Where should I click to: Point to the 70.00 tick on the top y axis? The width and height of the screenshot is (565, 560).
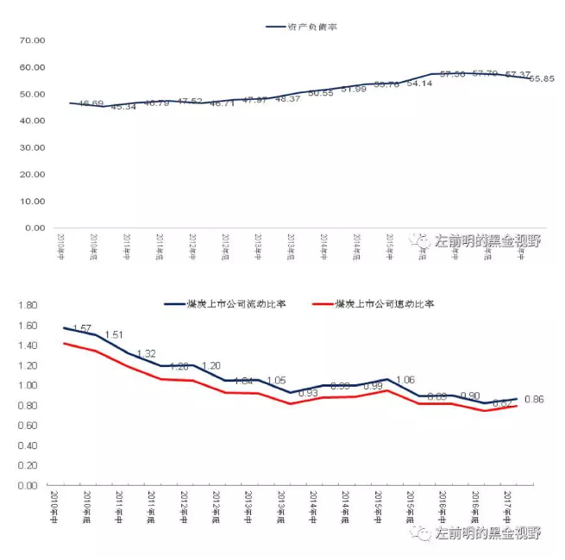tap(31, 40)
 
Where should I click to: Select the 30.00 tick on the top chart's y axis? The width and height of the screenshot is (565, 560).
tap(31, 148)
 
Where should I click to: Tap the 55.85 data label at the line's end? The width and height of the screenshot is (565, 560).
tap(542, 78)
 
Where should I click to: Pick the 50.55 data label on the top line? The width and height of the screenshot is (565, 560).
tap(320, 92)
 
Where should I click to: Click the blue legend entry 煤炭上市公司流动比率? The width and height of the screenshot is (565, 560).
tap(236, 304)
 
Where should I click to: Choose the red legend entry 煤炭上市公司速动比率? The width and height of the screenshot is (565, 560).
tap(385, 304)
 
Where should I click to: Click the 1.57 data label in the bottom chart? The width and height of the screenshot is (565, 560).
tap(83, 329)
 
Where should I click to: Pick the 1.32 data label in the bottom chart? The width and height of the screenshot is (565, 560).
tap(148, 354)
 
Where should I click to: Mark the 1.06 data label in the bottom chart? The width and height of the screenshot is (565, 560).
tap(405, 380)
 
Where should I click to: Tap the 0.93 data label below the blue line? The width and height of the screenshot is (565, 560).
tap(308, 394)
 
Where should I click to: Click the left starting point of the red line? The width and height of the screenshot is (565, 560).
tap(65, 344)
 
